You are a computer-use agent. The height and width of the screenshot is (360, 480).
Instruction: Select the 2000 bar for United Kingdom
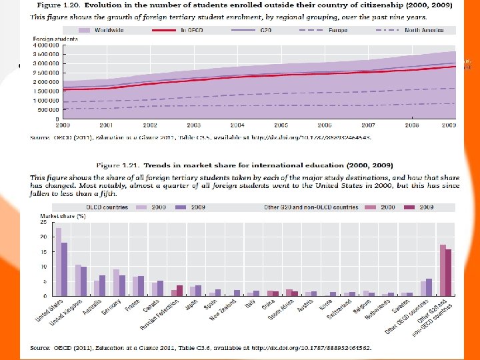click(78, 280)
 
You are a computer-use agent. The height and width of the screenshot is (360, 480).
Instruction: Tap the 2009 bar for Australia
click(103, 285)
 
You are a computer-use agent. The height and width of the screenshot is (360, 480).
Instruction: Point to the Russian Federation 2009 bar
click(179, 290)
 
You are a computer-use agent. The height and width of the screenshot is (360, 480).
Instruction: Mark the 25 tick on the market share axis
click(43, 223)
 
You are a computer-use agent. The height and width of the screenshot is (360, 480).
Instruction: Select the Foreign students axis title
click(55, 39)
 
